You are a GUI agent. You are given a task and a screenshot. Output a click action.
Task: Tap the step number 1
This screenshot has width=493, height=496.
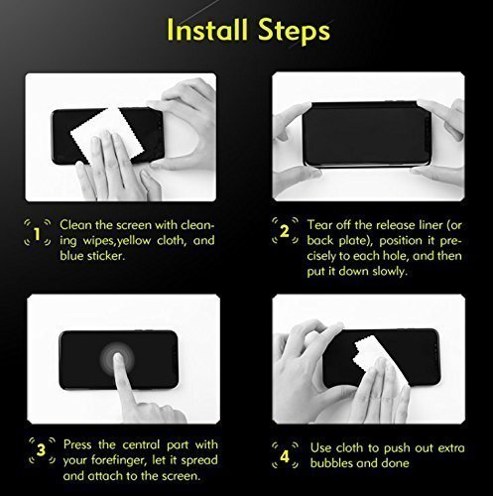(x=37, y=235)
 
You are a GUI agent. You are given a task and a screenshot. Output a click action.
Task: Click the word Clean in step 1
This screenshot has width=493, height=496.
(x=77, y=224)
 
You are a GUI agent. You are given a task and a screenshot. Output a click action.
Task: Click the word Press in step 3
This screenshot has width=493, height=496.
(x=79, y=443)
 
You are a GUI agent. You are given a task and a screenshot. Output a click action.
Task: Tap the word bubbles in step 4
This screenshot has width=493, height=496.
(x=335, y=463)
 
